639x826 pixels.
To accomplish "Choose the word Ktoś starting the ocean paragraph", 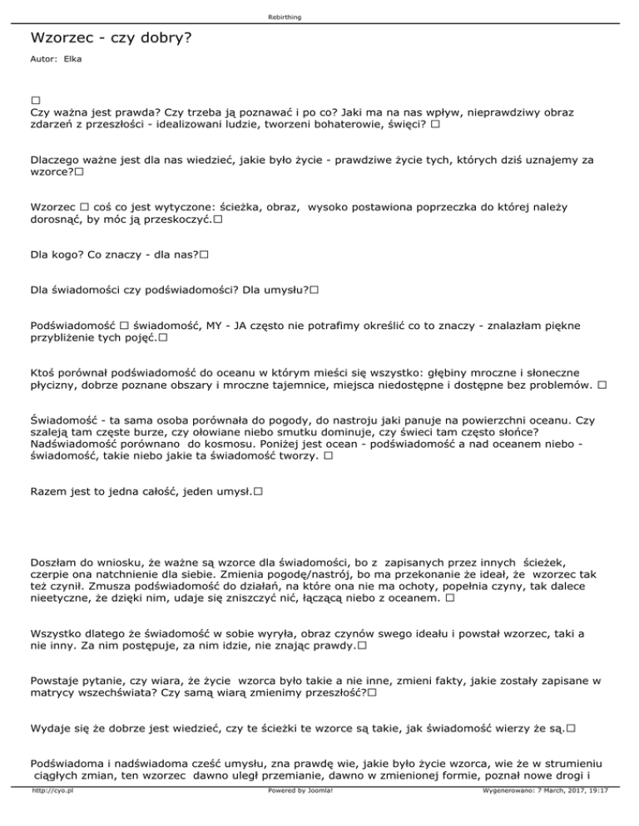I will tap(44, 366).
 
